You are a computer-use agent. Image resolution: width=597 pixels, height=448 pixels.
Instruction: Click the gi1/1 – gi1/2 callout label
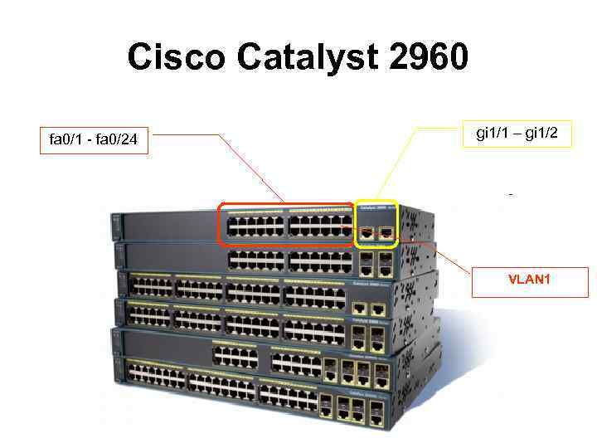(517, 134)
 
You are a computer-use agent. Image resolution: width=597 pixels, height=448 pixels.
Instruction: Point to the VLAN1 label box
(530, 280)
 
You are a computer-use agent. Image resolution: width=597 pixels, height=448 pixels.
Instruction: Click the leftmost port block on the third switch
(152, 287)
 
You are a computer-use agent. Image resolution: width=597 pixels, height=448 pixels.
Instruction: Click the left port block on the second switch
(255, 260)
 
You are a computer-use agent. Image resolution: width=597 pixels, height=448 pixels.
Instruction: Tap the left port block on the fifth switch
(235, 358)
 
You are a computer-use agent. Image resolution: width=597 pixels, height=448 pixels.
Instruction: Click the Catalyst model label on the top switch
(377, 208)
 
